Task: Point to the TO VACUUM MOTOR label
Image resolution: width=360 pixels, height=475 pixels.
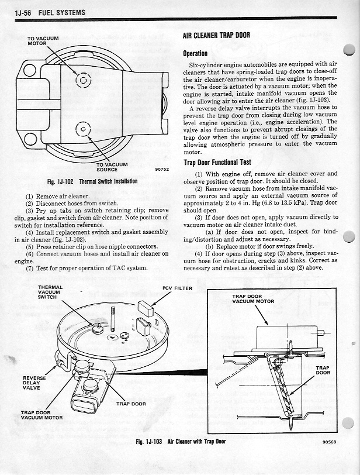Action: point(44,42)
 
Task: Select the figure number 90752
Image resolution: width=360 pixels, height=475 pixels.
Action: point(162,170)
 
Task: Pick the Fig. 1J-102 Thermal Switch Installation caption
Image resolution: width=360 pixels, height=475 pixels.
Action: point(92,181)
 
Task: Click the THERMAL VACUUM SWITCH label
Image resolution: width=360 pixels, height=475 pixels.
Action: point(50,292)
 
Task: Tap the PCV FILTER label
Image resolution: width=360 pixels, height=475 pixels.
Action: point(178,288)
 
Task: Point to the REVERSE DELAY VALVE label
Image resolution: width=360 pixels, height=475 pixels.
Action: point(30,383)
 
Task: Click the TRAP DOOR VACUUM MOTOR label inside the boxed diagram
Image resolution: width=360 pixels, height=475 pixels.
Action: point(253,299)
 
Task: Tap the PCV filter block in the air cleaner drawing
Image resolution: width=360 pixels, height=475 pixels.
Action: point(146,308)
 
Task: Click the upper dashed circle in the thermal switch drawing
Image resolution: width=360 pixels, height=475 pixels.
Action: point(82,80)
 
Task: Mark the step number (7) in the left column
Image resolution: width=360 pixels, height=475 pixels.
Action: point(29,269)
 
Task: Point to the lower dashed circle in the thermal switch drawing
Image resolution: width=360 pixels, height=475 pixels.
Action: point(83,130)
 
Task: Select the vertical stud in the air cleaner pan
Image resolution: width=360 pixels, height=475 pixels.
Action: point(119,319)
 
